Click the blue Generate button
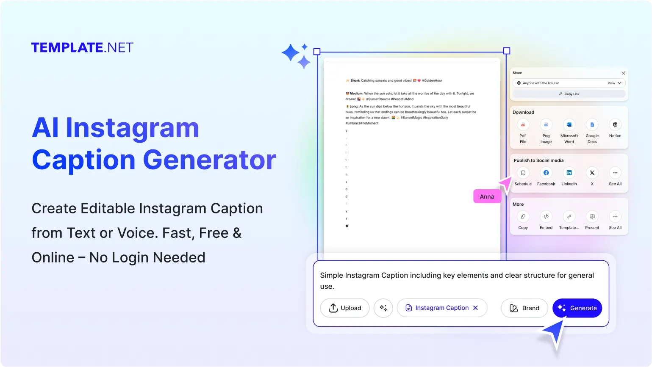pyautogui.click(x=577, y=308)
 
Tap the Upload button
pyautogui.click(x=344, y=308)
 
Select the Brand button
pyautogui.click(x=524, y=308)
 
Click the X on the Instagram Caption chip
pyautogui.click(x=475, y=308)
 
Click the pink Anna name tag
pyautogui.click(x=487, y=196)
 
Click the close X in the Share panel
pyautogui.click(x=623, y=73)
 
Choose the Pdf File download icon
pyautogui.click(x=523, y=125)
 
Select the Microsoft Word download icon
pyautogui.click(x=569, y=125)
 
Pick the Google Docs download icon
pyautogui.click(x=592, y=125)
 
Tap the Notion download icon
pyautogui.click(x=615, y=125)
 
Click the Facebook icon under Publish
pyautogui.click(x=546, y=173)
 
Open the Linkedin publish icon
pyautogui.click(x=569, y=173)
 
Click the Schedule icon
pyautogui.click(x=523, y=173)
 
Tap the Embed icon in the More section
pyautogui.click(x=546, y=217)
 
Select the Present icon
pyautogui.click(x=592, y=217)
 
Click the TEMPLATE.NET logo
pyautogui.click(x=82, y=47)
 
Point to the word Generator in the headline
pyautogui.click(x=209, y=160)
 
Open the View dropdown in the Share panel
pyautogui.click(x=614, y=83)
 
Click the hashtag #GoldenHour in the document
pyautogui.click(x=432, y=80)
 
